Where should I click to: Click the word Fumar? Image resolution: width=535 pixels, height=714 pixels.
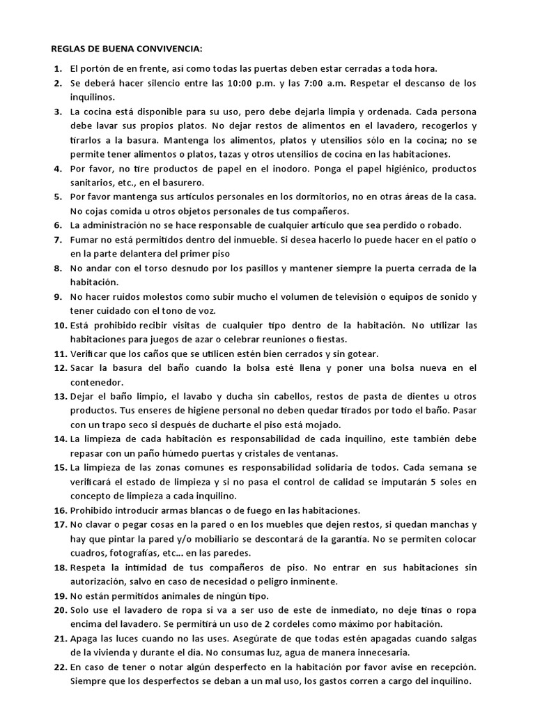(x=84, y=240)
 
